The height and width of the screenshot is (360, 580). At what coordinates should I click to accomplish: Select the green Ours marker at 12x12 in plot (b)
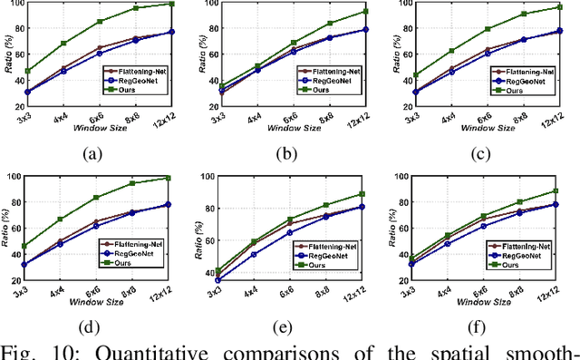tap(366, 12)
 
